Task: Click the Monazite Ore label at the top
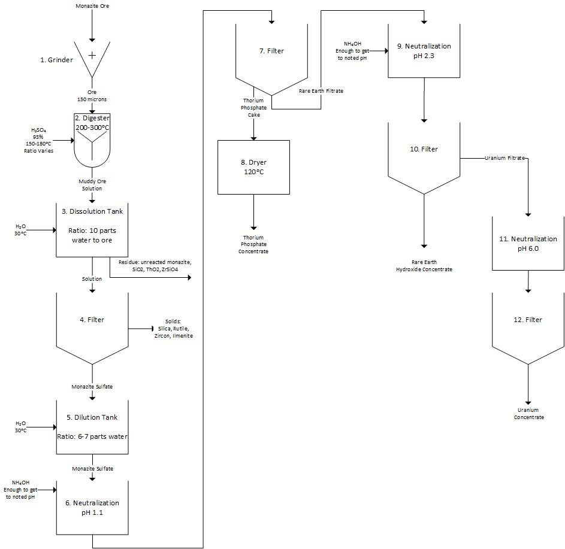pos(92,6)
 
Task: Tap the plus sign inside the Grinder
pos(92,56)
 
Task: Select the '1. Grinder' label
pos(56,60)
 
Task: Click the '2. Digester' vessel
pos(92,141)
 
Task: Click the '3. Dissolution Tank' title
pos(92,211)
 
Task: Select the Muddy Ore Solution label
pos(92,184)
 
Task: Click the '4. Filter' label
pos(92,320)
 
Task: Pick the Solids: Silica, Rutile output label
pos(173,328)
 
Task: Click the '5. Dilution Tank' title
pos(92,417)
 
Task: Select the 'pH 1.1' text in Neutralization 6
pos(92,512)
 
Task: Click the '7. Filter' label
pos(271,51)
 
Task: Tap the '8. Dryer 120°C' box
pos(253,168)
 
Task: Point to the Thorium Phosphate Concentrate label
pos(253,244)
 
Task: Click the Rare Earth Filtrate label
pos(321,91)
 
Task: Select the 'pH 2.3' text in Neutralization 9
pos(424,56)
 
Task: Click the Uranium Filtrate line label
pos(504,158)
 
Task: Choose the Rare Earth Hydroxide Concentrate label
pos(424,266)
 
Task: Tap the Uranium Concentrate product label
pos(528,414)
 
